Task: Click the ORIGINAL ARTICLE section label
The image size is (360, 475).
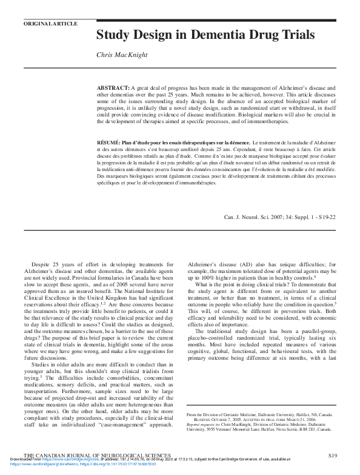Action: (x=50, y=24)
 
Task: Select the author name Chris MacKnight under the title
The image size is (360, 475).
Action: (x=122, y=55)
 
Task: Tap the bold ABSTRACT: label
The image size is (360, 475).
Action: (x=113, y=89)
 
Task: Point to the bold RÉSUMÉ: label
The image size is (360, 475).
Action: (x=108, y=141)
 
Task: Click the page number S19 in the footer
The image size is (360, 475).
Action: (x=333, y=455)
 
